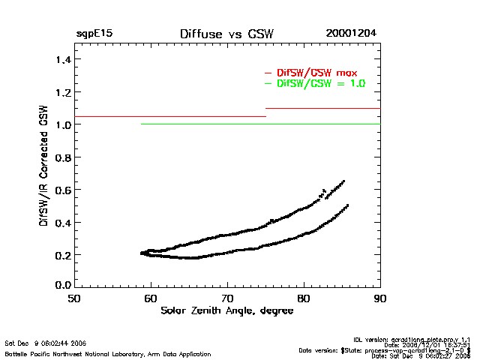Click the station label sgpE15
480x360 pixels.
tap(94, 34)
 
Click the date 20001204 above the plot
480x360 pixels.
tap(351, 34)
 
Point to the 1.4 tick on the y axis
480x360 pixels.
tap(61, 59)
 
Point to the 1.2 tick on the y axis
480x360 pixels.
tap(61, 93)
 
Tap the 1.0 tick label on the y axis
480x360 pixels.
tap(61, 125)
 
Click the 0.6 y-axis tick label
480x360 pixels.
tap(61, 190)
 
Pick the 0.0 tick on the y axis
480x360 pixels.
tap(61, 286)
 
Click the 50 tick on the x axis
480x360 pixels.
tap(74, 298)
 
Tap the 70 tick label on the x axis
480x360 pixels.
tap(227, 298)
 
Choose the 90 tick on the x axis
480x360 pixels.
tap(380, 298)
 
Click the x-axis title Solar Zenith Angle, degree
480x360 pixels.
tap(226, 311)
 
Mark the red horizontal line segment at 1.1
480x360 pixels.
tap(322, 109)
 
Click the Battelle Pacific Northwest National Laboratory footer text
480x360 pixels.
tap(108, 354)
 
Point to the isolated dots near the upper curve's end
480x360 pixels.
tap(323, 192)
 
